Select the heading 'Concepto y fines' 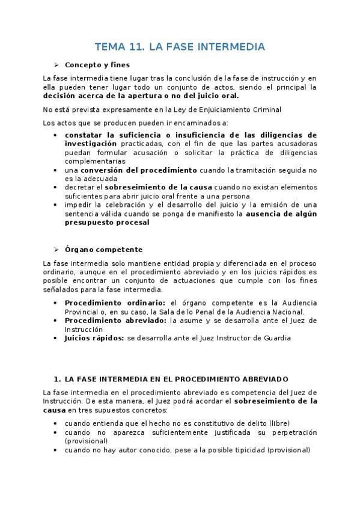pos(97,64)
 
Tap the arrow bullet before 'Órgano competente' pos(56,249)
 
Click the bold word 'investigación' pos(91,144)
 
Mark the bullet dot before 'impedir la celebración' pos(56,204)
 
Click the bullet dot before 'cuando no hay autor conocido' pos(56,450)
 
